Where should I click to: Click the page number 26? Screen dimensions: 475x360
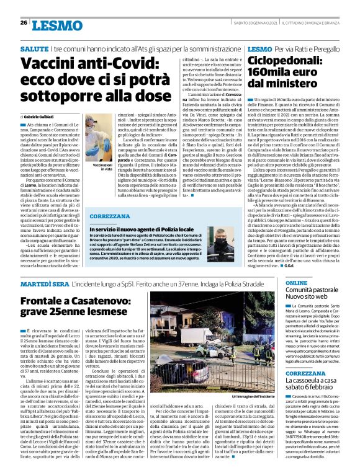[24, 22]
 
